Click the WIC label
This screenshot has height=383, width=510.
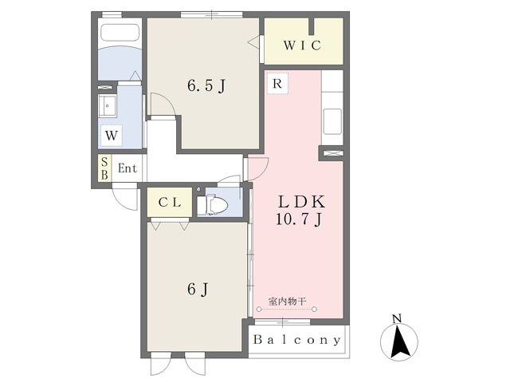(x=302, y=45)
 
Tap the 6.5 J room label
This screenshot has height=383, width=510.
(x=206, y=86)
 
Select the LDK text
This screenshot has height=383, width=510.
(x=301, y=202)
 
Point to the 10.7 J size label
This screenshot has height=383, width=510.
(x=299, y=219)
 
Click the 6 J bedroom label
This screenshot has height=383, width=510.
(x=198, y=289)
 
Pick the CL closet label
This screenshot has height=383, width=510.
(x=170, y=203)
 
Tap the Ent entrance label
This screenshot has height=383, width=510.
(x=127, y=168)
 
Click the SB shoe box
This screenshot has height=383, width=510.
(x=104, y=168)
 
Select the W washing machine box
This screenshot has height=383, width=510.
(x=112, y=135)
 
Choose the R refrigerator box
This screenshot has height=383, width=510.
(x=277, y=84)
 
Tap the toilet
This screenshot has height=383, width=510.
(x=213, y=205)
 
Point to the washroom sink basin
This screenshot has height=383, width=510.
(x=108, y=106)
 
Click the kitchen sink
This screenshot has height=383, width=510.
(x=332, y=122)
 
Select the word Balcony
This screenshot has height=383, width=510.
(x=297, y=340)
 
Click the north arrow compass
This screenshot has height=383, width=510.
(x=399, y=342)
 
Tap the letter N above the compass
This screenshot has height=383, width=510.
(x=397, y=318)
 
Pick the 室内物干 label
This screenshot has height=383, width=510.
(x=287, y=302)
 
